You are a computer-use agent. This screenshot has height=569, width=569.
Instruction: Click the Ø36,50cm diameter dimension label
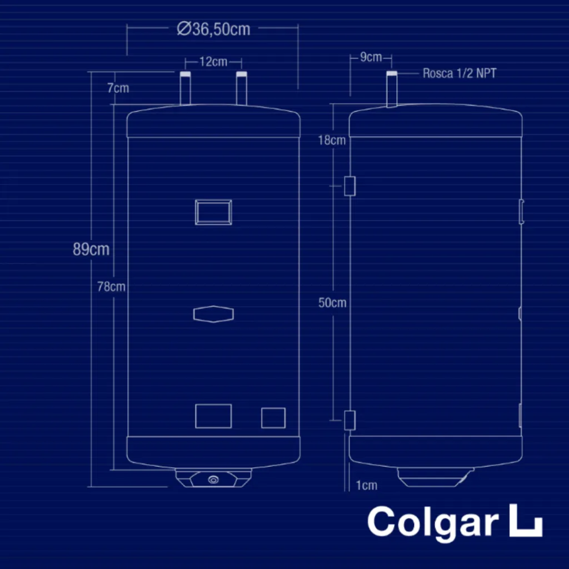(x=213, y=28)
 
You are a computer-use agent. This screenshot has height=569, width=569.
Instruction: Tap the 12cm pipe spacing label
(x=213, y=61)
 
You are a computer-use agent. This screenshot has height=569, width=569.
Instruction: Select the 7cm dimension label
(x=118, y=88)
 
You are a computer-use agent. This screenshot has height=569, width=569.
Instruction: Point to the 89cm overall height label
(x=91, y=249)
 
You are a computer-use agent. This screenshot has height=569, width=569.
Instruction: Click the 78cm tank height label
(x=111, y=287)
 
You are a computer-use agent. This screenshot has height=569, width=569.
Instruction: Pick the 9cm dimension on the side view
(x=371, y=57)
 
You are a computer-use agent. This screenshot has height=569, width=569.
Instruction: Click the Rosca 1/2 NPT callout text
(x=459, y=73)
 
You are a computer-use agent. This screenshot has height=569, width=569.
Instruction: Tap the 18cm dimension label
(x=332, y=140)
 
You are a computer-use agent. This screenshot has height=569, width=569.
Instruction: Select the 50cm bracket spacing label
(x=332, y=303)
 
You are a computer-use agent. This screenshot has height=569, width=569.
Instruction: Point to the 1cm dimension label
(x=366, y=486)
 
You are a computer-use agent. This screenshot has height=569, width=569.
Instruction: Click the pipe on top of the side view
(x=392, y=89)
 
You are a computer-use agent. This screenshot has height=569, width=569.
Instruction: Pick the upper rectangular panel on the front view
(x=213, y=212)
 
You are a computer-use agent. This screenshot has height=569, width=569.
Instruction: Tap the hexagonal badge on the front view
(x=213, y=314)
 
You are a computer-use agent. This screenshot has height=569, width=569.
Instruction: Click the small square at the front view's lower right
(x=273, y=418)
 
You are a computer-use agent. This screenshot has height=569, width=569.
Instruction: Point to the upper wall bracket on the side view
(x=350, y=186)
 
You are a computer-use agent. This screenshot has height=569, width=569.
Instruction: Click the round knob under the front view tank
(x=214, y=479)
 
